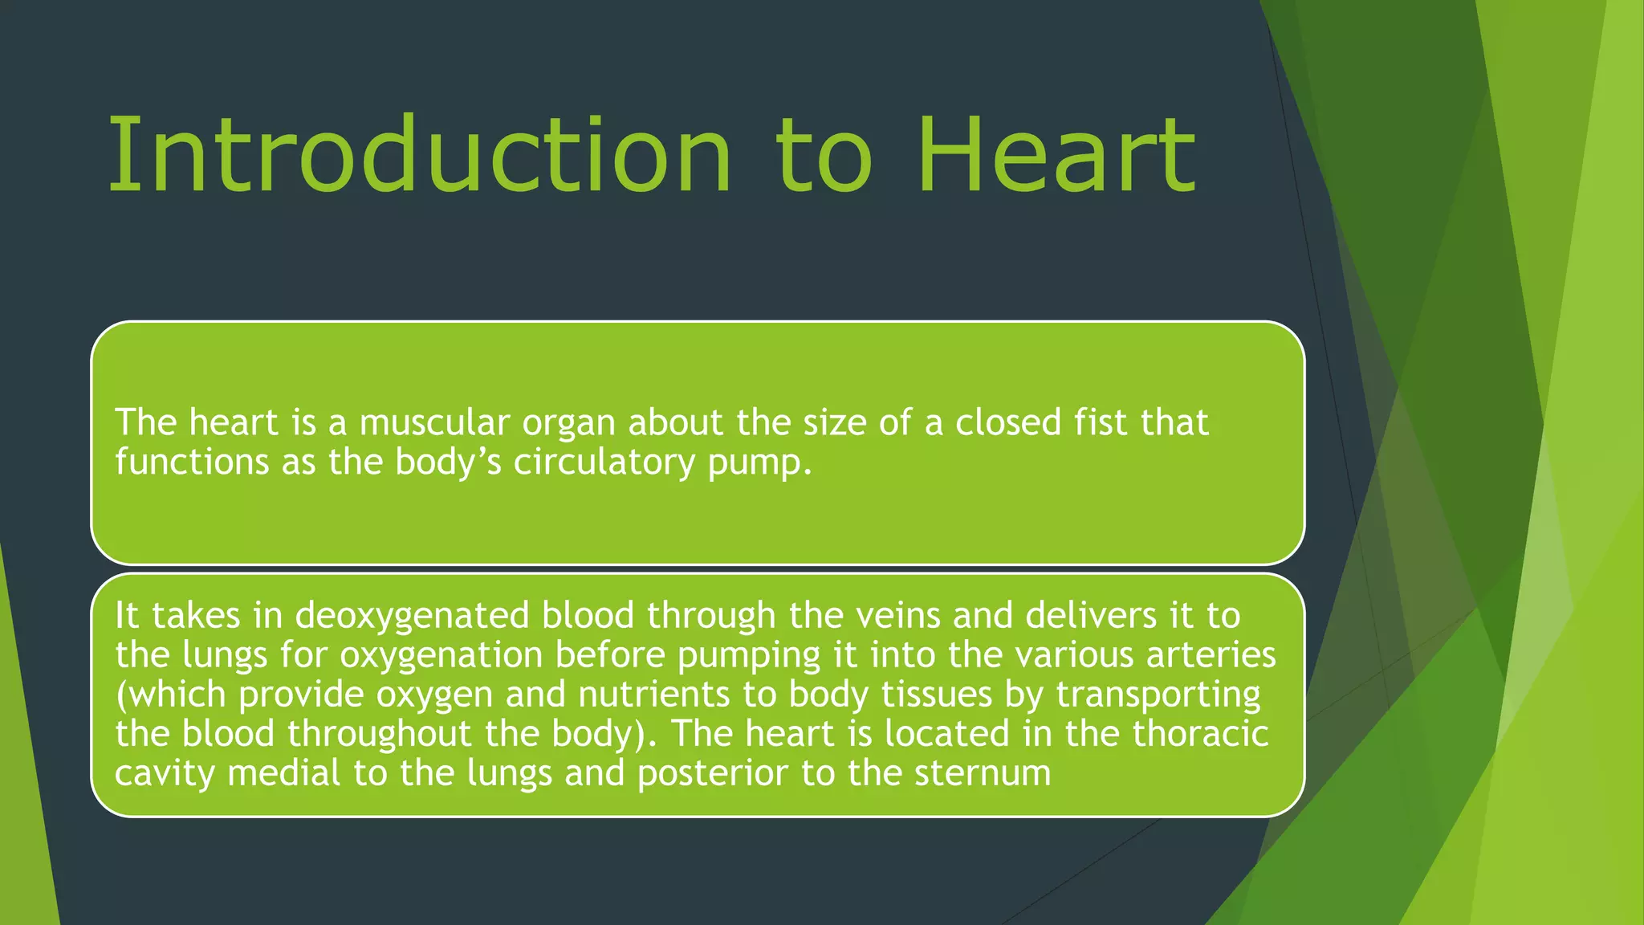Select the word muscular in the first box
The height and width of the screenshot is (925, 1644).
pyautogui.click(x=434, y=422)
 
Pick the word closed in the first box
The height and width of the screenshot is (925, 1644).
pyautogui.click(x=1008, y=422)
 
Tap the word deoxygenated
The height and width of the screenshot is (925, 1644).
pyautogui.click(x=412, y=617)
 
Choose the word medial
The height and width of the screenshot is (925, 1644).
pyautogui.click(x=284, y=773)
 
